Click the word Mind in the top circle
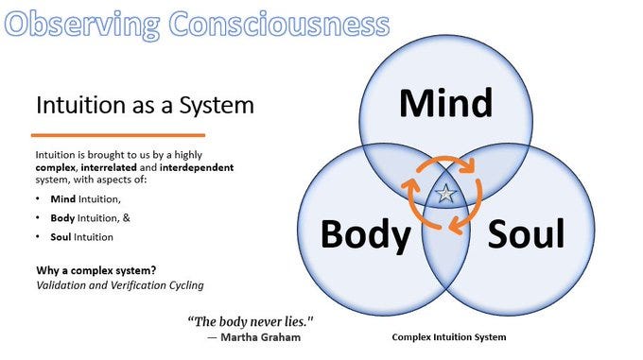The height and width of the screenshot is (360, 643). [445, 103]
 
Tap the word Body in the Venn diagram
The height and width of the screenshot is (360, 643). [364, 232]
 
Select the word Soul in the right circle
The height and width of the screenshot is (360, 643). [526, 232]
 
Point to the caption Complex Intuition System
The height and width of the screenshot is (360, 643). [448, 337]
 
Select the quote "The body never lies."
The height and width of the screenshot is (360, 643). [250, 321]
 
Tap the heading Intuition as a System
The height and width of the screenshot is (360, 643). [145, 104]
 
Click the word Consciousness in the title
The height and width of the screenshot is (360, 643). [280, 22]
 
